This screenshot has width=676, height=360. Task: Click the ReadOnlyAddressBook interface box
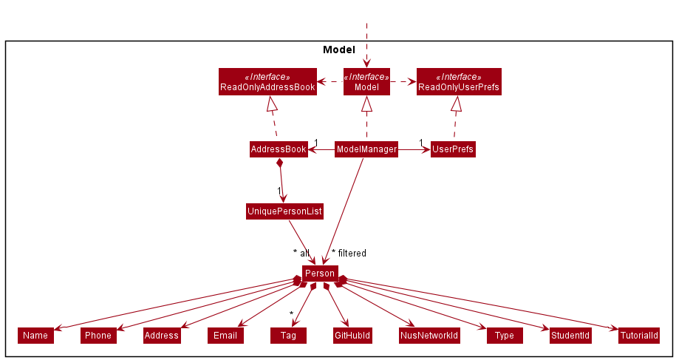point(267,82)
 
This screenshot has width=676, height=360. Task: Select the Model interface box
point(366,82)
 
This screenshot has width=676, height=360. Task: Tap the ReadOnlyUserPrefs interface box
point(459,82)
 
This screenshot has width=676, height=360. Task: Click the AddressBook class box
point(279,149)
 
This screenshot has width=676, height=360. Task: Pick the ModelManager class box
point(366,149)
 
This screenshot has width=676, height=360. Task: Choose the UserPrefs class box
point(453,149)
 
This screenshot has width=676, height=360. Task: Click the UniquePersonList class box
point(284,211)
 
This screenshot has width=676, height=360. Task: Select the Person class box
point(320,274)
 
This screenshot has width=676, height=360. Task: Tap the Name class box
point(35,336)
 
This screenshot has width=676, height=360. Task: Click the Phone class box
point(98,336)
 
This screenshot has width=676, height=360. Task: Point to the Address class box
point(162,336)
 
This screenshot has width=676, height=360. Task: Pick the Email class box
point(225,336)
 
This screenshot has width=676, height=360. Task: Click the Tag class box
point(288,336)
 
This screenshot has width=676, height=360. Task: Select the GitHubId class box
point(352,336)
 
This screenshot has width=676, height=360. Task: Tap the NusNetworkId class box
point(429,336)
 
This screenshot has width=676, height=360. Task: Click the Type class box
point(505,336)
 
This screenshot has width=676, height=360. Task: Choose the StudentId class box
point(570,336)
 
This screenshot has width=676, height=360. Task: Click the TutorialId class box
point(638,336)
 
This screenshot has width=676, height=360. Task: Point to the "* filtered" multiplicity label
point(349,254)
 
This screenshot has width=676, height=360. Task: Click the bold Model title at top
point(339,50)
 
